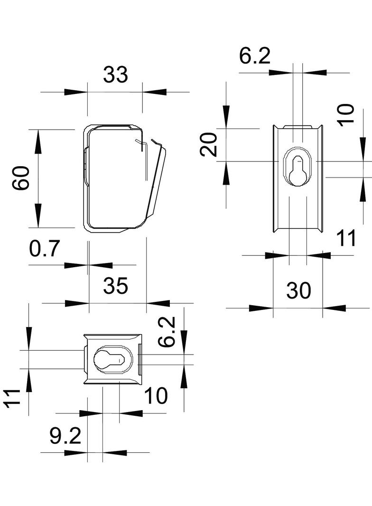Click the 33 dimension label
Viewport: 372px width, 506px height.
(x=116, y=75)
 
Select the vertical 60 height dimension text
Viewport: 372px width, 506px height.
(x=21, y=178)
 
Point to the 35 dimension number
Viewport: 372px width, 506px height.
(x=116, y=286)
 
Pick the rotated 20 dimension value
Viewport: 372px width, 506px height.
(x=209, y=145)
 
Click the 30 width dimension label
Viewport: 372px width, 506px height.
(x=298, y=290)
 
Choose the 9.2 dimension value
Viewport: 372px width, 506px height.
(x=65, y=436)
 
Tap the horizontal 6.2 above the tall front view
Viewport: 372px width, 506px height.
(x=255, y=56)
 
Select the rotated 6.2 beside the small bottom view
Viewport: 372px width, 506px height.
(x=167, y=333)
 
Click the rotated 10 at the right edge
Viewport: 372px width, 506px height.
(x=347, y=114)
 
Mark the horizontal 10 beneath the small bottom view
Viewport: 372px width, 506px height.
(x=156, y=396)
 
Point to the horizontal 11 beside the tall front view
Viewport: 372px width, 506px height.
(x=346, y=238)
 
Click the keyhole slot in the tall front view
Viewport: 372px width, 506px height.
(x=297, y=169)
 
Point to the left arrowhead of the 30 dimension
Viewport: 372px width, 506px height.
(x=261, y=308)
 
